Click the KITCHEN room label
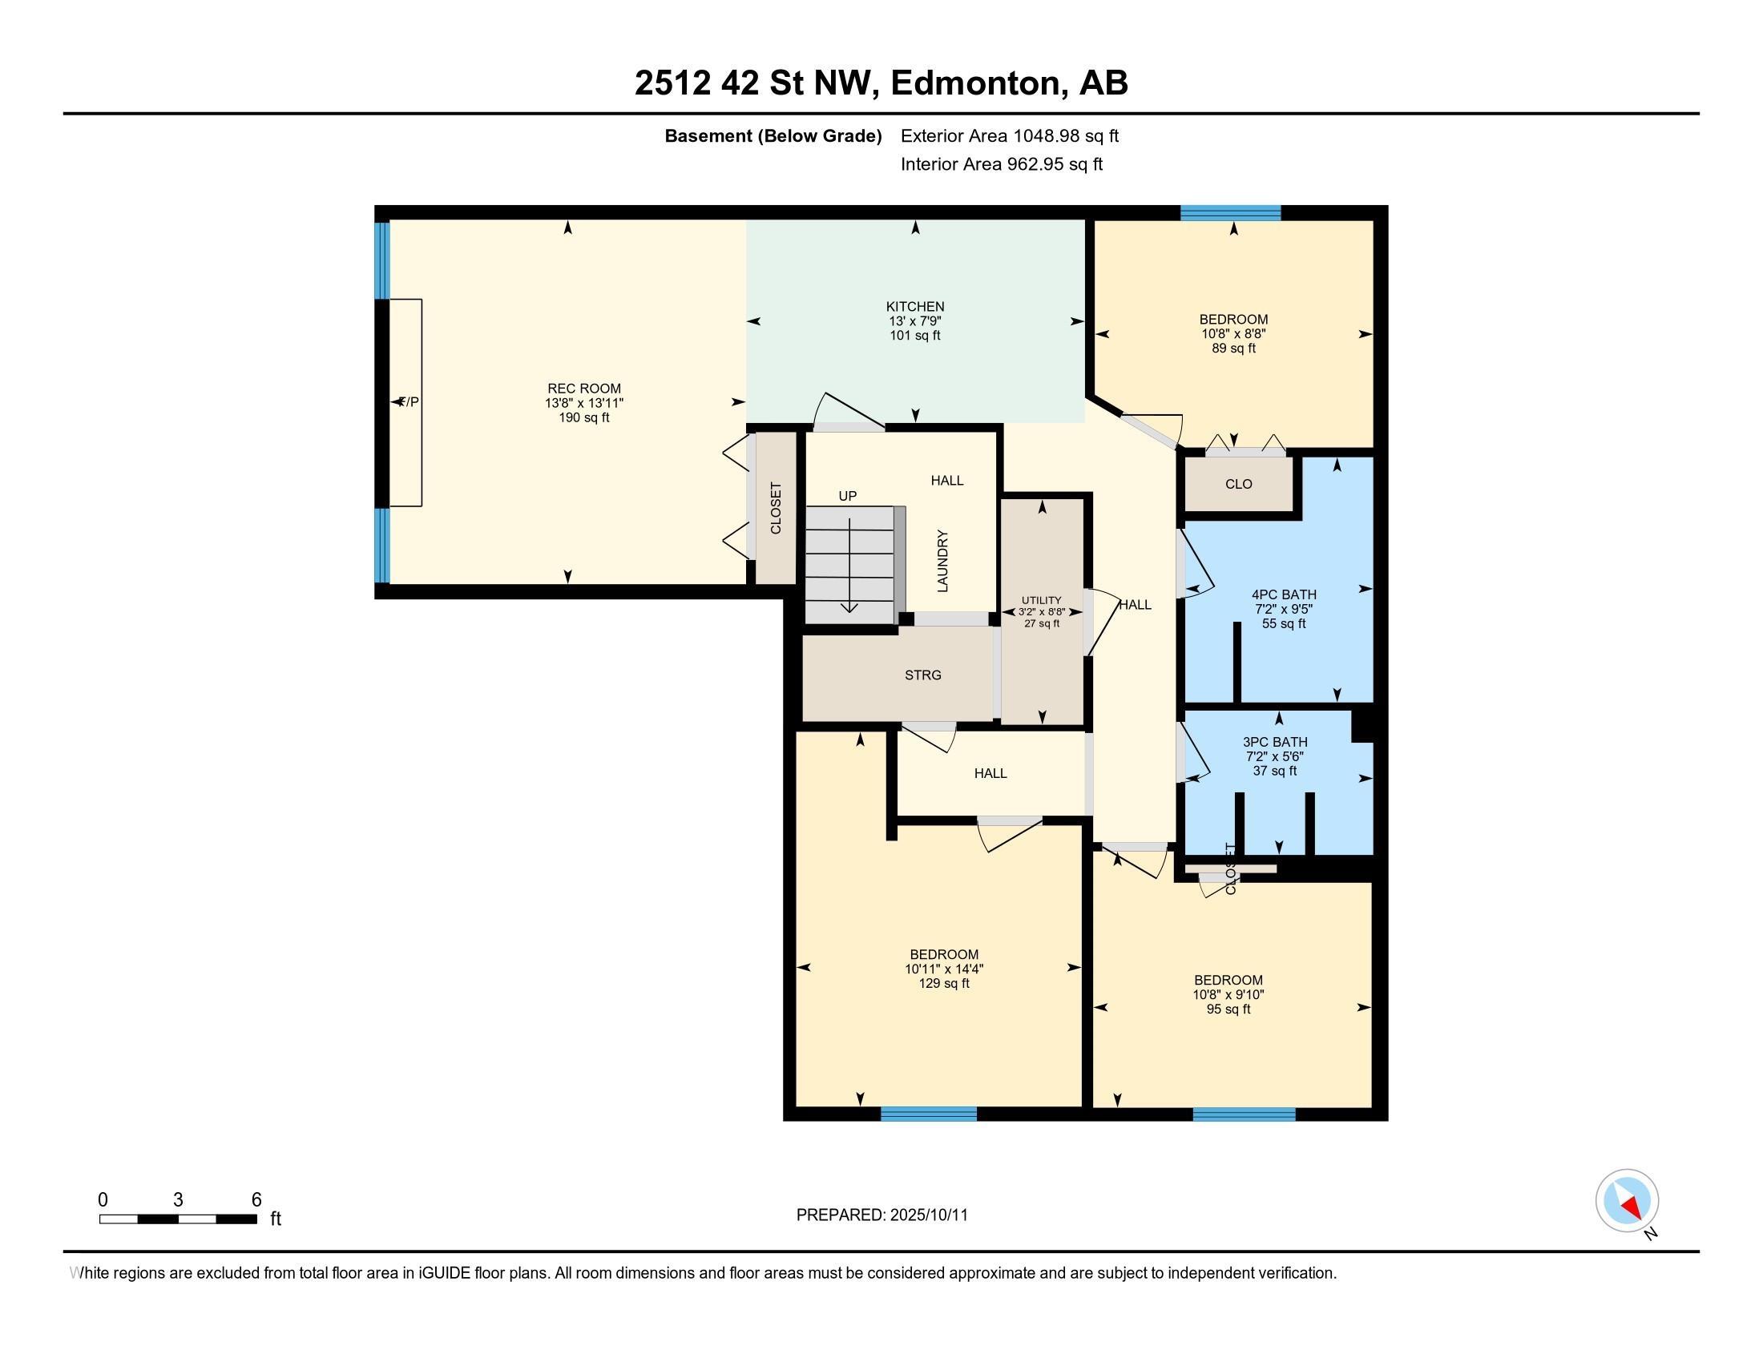tap(914, 307)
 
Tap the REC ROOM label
tap(583, 388)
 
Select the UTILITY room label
tap(1041, 600)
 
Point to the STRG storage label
tap(922, 675)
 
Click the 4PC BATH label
tap(1284, 594)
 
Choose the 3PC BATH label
tap(1275, 742)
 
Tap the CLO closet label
tap(1238, 484)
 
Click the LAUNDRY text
tap(942, 561)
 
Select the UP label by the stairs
tap(848, 496)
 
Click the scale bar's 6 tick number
tap(256, 1200)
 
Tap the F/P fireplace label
tap(409, 402)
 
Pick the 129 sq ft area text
tap(944, 984)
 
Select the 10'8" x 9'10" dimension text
tap(1228, 995)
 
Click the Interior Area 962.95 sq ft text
tap(1002, 164)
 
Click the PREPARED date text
tap(881, 1215)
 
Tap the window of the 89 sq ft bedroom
tap(1230, 213)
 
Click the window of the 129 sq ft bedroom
tap(928, 1114)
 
